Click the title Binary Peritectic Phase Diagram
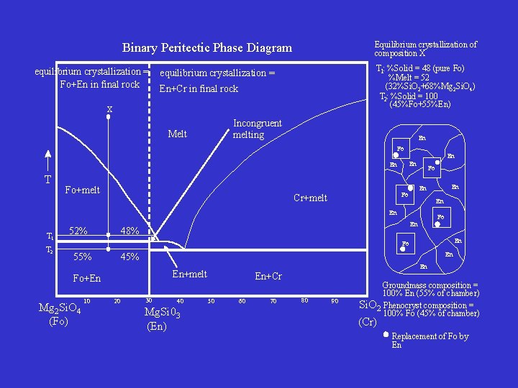coord(207,48)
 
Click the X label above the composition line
coord(109,109)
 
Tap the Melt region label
coord(177,134)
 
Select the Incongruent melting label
coord(257,129)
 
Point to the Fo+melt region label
coord(82,190)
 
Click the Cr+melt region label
coord(310,198)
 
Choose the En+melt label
coord(189,274)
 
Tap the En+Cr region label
coord(268,277)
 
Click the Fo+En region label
coord(87,279)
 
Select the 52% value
coord(78,231)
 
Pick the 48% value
coord(129,231)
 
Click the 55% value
coord(82,257)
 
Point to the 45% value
coord(129,257)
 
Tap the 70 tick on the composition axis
coord(273,301)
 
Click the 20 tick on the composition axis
coord(117,301)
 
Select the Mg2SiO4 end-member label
coord(59,310)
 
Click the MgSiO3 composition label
coord(162,313)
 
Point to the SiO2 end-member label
coord(369,305)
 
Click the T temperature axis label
coord(47,180)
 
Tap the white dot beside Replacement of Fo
coord(386,334)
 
